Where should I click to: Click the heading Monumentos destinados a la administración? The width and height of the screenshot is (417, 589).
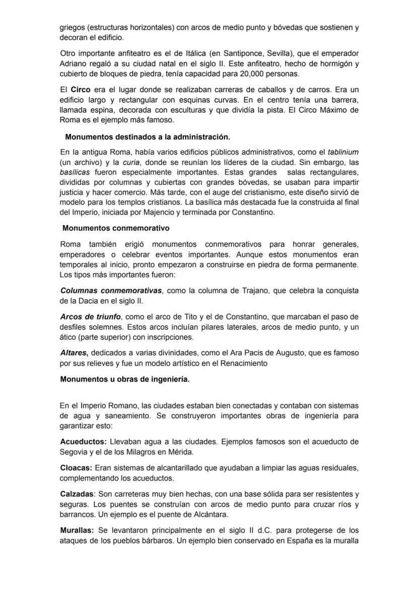[x=148, y=137]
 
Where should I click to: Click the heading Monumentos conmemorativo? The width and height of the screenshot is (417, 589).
[x=116, y=228]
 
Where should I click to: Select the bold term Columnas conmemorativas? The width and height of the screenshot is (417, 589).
[x=111, y=291]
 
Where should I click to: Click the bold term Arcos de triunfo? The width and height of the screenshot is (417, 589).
[x=91, y=317]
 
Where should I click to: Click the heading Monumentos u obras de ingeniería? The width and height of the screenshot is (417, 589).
[x=125, y=379]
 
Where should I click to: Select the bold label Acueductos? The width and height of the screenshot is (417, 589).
[x=83, y=442]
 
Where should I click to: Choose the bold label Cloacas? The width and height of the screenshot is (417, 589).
[x=76, y=468]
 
